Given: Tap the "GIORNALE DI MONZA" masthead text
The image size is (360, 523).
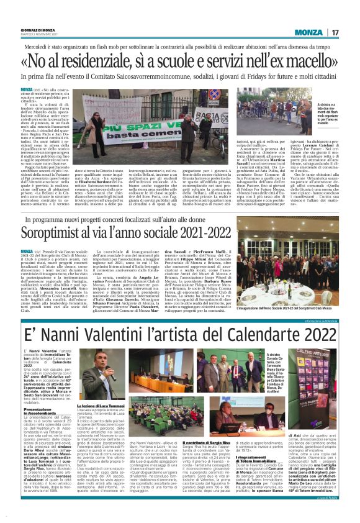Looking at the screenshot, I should tap(35, 29).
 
